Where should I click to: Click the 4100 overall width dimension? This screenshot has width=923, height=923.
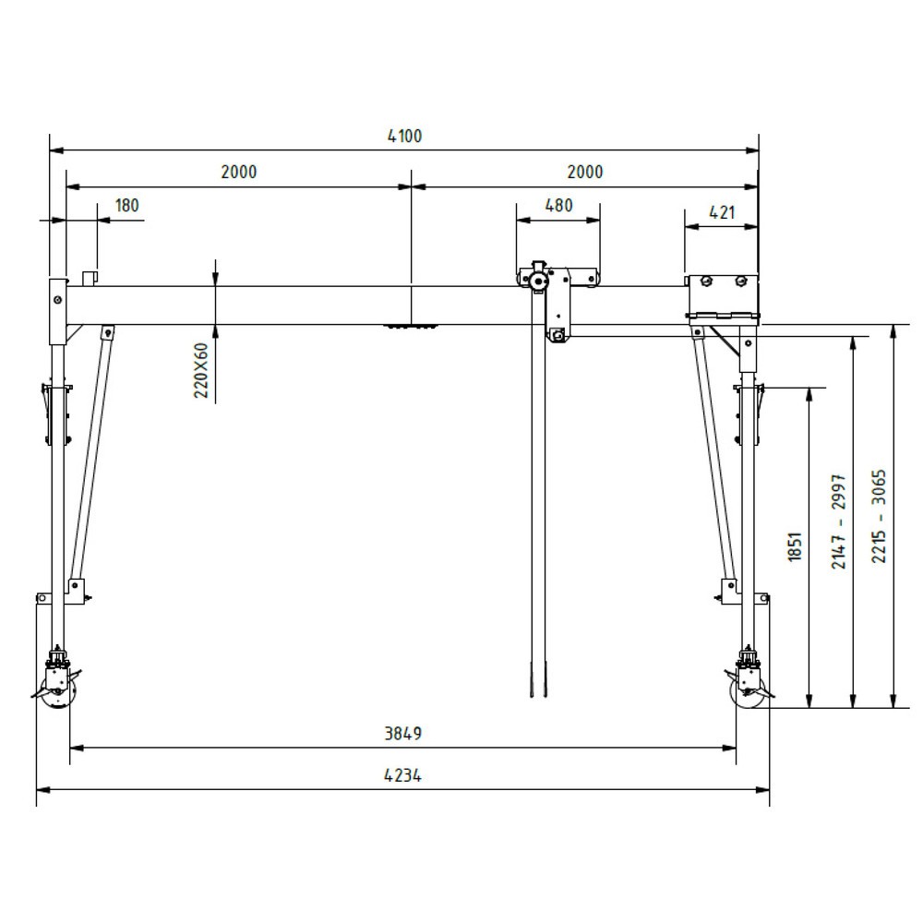(405, 137)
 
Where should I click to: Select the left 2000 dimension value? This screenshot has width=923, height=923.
(239, 172)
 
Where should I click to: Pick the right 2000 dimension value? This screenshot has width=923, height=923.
(585, 172)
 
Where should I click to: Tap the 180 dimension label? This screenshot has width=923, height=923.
(127, 206)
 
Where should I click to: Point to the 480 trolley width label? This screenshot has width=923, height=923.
(558, 206)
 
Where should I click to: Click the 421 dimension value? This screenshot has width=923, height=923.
(722, 212)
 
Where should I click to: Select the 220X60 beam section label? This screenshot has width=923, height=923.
(202, 371)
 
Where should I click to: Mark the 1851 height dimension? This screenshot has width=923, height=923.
(796, 546)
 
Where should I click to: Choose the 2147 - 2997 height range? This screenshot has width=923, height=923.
(839, 521)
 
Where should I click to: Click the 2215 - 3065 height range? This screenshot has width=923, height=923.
(879, 516)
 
